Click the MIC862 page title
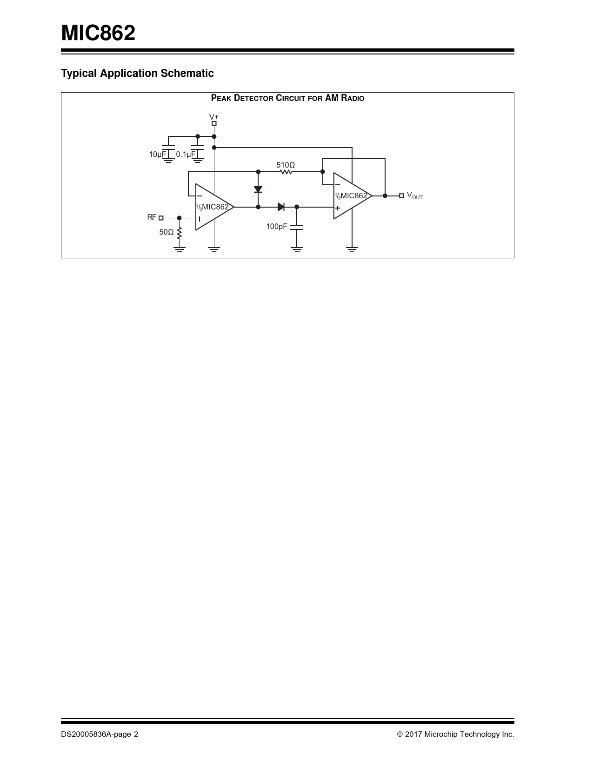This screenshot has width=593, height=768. coord(98,33)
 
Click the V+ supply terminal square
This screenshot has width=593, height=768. coord(214,123)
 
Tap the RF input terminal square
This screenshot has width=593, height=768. coord(161,218)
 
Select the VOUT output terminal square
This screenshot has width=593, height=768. coord(401,196)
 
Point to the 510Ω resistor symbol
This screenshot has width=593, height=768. coord(286,172)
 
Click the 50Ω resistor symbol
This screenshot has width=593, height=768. coord(180,233)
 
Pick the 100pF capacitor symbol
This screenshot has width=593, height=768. coord(297,227)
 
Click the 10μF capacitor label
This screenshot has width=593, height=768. coord(157,155)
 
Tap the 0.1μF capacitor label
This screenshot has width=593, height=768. coord(186,155)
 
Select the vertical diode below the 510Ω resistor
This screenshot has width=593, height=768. coord(258,189)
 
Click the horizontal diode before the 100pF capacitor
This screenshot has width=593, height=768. coord(281,207)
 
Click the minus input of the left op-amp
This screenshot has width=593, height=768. coord(199,196)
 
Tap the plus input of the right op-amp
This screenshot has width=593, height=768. coord(338,208)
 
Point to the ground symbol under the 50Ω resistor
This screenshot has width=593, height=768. coord(180,249)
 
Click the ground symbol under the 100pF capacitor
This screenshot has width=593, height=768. coord(297,249)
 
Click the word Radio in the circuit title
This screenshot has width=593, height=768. coord(353,98)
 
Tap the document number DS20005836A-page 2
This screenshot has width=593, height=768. coord(100,734)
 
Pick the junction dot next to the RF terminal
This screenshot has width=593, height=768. coord(180,218)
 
